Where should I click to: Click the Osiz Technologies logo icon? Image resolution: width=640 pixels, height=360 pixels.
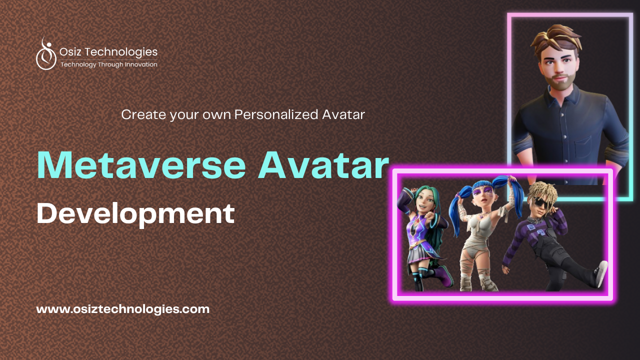coord(46,54)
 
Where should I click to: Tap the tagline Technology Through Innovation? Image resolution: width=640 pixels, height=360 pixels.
coord(109,64)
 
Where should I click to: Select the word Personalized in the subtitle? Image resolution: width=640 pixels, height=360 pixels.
coord(276,115)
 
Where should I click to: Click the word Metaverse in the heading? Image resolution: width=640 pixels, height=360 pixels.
coord(141,165)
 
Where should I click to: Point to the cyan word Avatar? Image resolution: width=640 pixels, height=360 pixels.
coord(323,165)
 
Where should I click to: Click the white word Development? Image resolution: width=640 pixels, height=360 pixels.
coord(135,214)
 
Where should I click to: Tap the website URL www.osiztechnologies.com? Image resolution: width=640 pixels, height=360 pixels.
coord(123,309)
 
